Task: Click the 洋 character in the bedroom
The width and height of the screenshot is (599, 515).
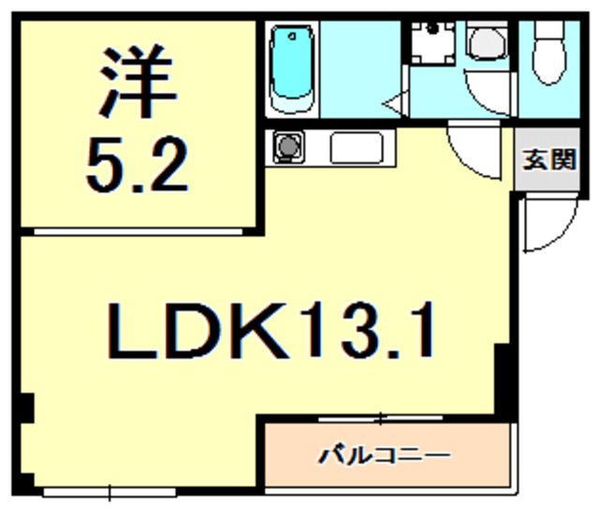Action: pyautogui.click(x=138, y=81)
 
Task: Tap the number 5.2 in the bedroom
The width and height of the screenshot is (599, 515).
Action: pyautogui.click(x=138, y=166)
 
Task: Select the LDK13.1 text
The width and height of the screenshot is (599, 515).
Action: pyautogui.click(x=271, y=331)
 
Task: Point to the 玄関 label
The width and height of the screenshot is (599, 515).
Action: pyautogui.click(x=549, y=160)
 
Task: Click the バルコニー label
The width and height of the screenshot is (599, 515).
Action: pyautogui.click(x=385, y=455)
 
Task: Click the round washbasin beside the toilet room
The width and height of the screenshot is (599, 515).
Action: pyautogui.click(x=487, y=42)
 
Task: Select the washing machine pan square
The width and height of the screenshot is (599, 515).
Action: pyautogui.click(x=433, y=42)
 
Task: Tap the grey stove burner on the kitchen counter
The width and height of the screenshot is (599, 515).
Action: pyautogui.click(x=287, y=146)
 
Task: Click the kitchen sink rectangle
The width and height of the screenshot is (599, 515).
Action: pyautogui.click(x=357, y=147)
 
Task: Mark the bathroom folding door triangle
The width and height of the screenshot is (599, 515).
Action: pyautogui.click(x=394, y=103)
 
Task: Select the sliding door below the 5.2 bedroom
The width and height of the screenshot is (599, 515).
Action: pyautogui.click(x=139, y=231)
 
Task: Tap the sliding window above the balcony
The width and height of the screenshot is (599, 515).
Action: pyautogui.click(x=381, y=419)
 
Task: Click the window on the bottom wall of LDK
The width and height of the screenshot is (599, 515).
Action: pyautogui.click(x=110, y=493)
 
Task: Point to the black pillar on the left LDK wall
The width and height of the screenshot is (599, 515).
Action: pyautogui.click(x=26, y=407)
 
